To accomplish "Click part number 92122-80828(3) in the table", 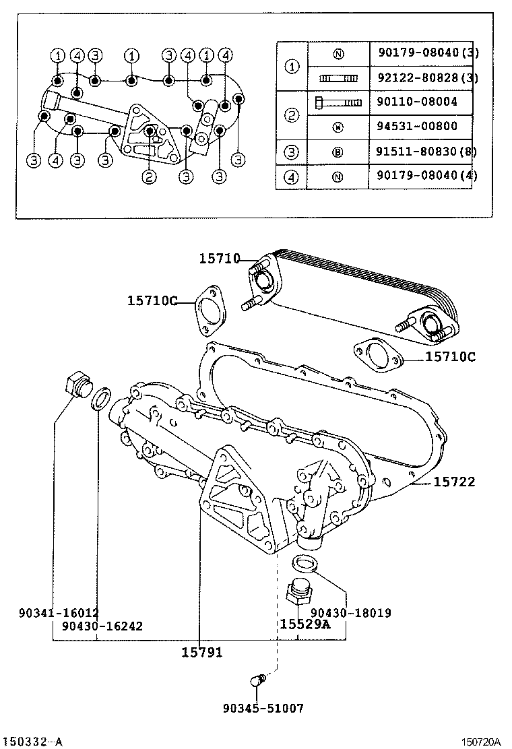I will point(424,78).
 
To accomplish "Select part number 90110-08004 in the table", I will point(418,102).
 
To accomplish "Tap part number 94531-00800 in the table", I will point(418,126).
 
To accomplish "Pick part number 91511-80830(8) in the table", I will point(424,152).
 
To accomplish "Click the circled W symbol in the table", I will point(338,126).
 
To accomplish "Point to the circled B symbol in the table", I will point(338,152).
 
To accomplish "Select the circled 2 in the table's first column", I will point(292,115).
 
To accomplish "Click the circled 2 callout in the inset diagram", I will point(150,178).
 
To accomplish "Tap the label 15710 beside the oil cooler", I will point(220,259).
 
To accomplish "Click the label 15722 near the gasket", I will point(453,482).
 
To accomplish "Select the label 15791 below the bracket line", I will point(201,652).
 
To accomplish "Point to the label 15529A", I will point(305,624).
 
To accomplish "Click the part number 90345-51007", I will point(263,708).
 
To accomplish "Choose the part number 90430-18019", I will point(350,613).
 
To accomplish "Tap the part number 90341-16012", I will point(59,613).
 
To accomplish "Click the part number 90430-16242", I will point(102,626).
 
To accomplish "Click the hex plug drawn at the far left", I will point(76,388).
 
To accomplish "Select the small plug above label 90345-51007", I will point(257,681).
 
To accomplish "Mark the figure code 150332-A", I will point(32,742).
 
